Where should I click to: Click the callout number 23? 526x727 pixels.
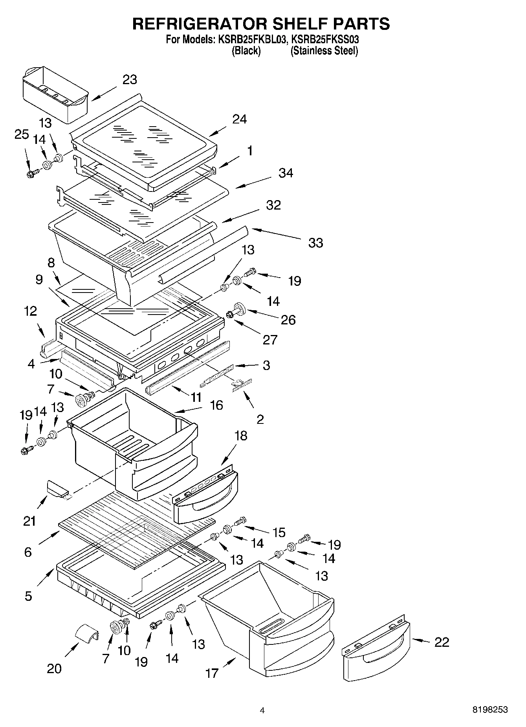pos(130,79)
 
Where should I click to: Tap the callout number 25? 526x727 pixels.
pos(22,134)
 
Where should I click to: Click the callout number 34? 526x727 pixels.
pos(286,173)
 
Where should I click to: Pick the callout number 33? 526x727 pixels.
pos(315,243)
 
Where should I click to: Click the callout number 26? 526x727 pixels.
pos(288,320)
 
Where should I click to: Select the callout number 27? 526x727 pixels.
pos(270,339)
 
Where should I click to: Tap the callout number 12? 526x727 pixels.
pos(30,311)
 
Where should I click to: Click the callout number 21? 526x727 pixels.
pos(29,521)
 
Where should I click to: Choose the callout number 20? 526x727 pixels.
pos(54,668)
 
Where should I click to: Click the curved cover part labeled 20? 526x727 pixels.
pos(87,634)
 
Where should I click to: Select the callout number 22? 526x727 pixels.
pos(442,642)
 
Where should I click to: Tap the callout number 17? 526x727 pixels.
pos(212,673)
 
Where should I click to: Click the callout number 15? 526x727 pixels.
pos(279,532)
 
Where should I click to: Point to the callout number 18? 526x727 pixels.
pos(241,436)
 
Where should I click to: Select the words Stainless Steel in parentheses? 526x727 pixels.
pos(324,51)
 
